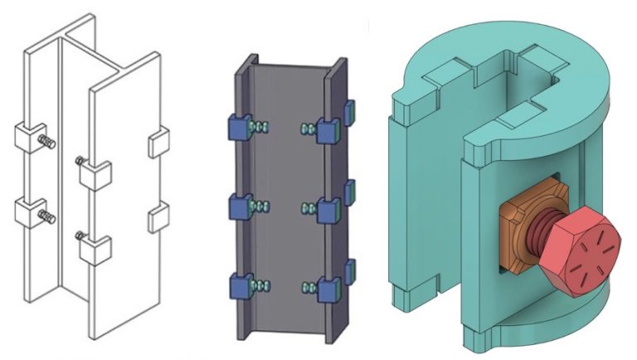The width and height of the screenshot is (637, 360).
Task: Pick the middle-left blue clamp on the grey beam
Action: point(239,205)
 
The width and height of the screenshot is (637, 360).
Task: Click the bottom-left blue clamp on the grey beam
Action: point(239,285)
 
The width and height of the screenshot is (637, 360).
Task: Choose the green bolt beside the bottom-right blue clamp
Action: point(309,286)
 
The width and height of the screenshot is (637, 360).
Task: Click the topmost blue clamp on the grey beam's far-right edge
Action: point(350,109)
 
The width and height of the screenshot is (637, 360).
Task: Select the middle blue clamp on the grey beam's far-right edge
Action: point(350,189)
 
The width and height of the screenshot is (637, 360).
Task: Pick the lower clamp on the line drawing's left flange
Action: point(27,212)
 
